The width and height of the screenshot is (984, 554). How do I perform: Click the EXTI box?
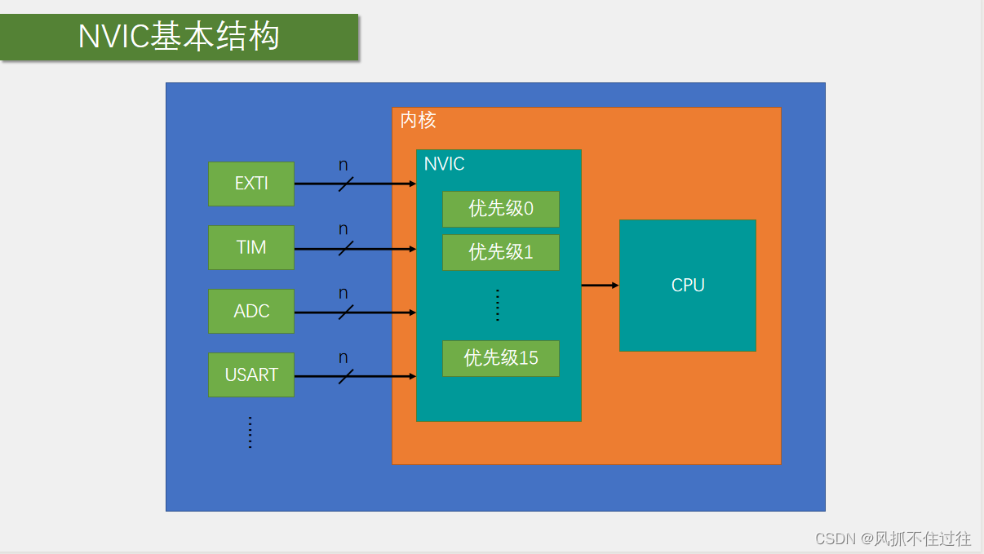tap(251, 184)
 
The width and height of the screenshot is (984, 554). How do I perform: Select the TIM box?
tap(251, 247)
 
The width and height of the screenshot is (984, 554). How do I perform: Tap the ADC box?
tap(251, 311)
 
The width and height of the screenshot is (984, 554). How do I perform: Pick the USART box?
tap(251, 375)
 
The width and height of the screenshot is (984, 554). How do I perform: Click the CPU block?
tap(688, 286)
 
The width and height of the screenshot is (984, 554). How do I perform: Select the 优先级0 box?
tap(501, 209)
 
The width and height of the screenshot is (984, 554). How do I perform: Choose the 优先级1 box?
tap(501, 252)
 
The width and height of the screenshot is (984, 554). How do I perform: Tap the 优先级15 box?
tap(501, 358)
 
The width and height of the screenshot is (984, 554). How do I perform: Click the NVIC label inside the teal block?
tap(445, 164)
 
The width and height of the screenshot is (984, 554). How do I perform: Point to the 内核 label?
tap(418, 121)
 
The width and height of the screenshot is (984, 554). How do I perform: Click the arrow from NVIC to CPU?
tap(600, 286)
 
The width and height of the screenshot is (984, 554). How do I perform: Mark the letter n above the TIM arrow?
tap(344, 230)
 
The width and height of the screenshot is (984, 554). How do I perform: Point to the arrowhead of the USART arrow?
tap(412, 376)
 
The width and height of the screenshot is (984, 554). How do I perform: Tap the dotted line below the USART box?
tap(250, 432)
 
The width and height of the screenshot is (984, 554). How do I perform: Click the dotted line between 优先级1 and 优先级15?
tap(498, 305)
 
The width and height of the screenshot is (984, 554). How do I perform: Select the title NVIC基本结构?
tap(179, 37)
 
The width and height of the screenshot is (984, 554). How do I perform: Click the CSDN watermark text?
tap(893, 538)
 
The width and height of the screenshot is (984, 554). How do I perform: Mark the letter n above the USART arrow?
tap(344, 358)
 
